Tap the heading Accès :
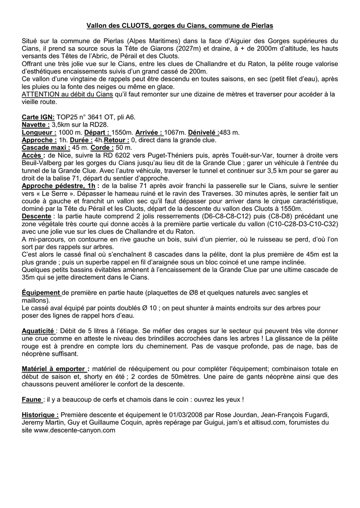(34, 155)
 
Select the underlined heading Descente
(36, 216)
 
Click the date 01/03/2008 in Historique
(175, 415)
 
